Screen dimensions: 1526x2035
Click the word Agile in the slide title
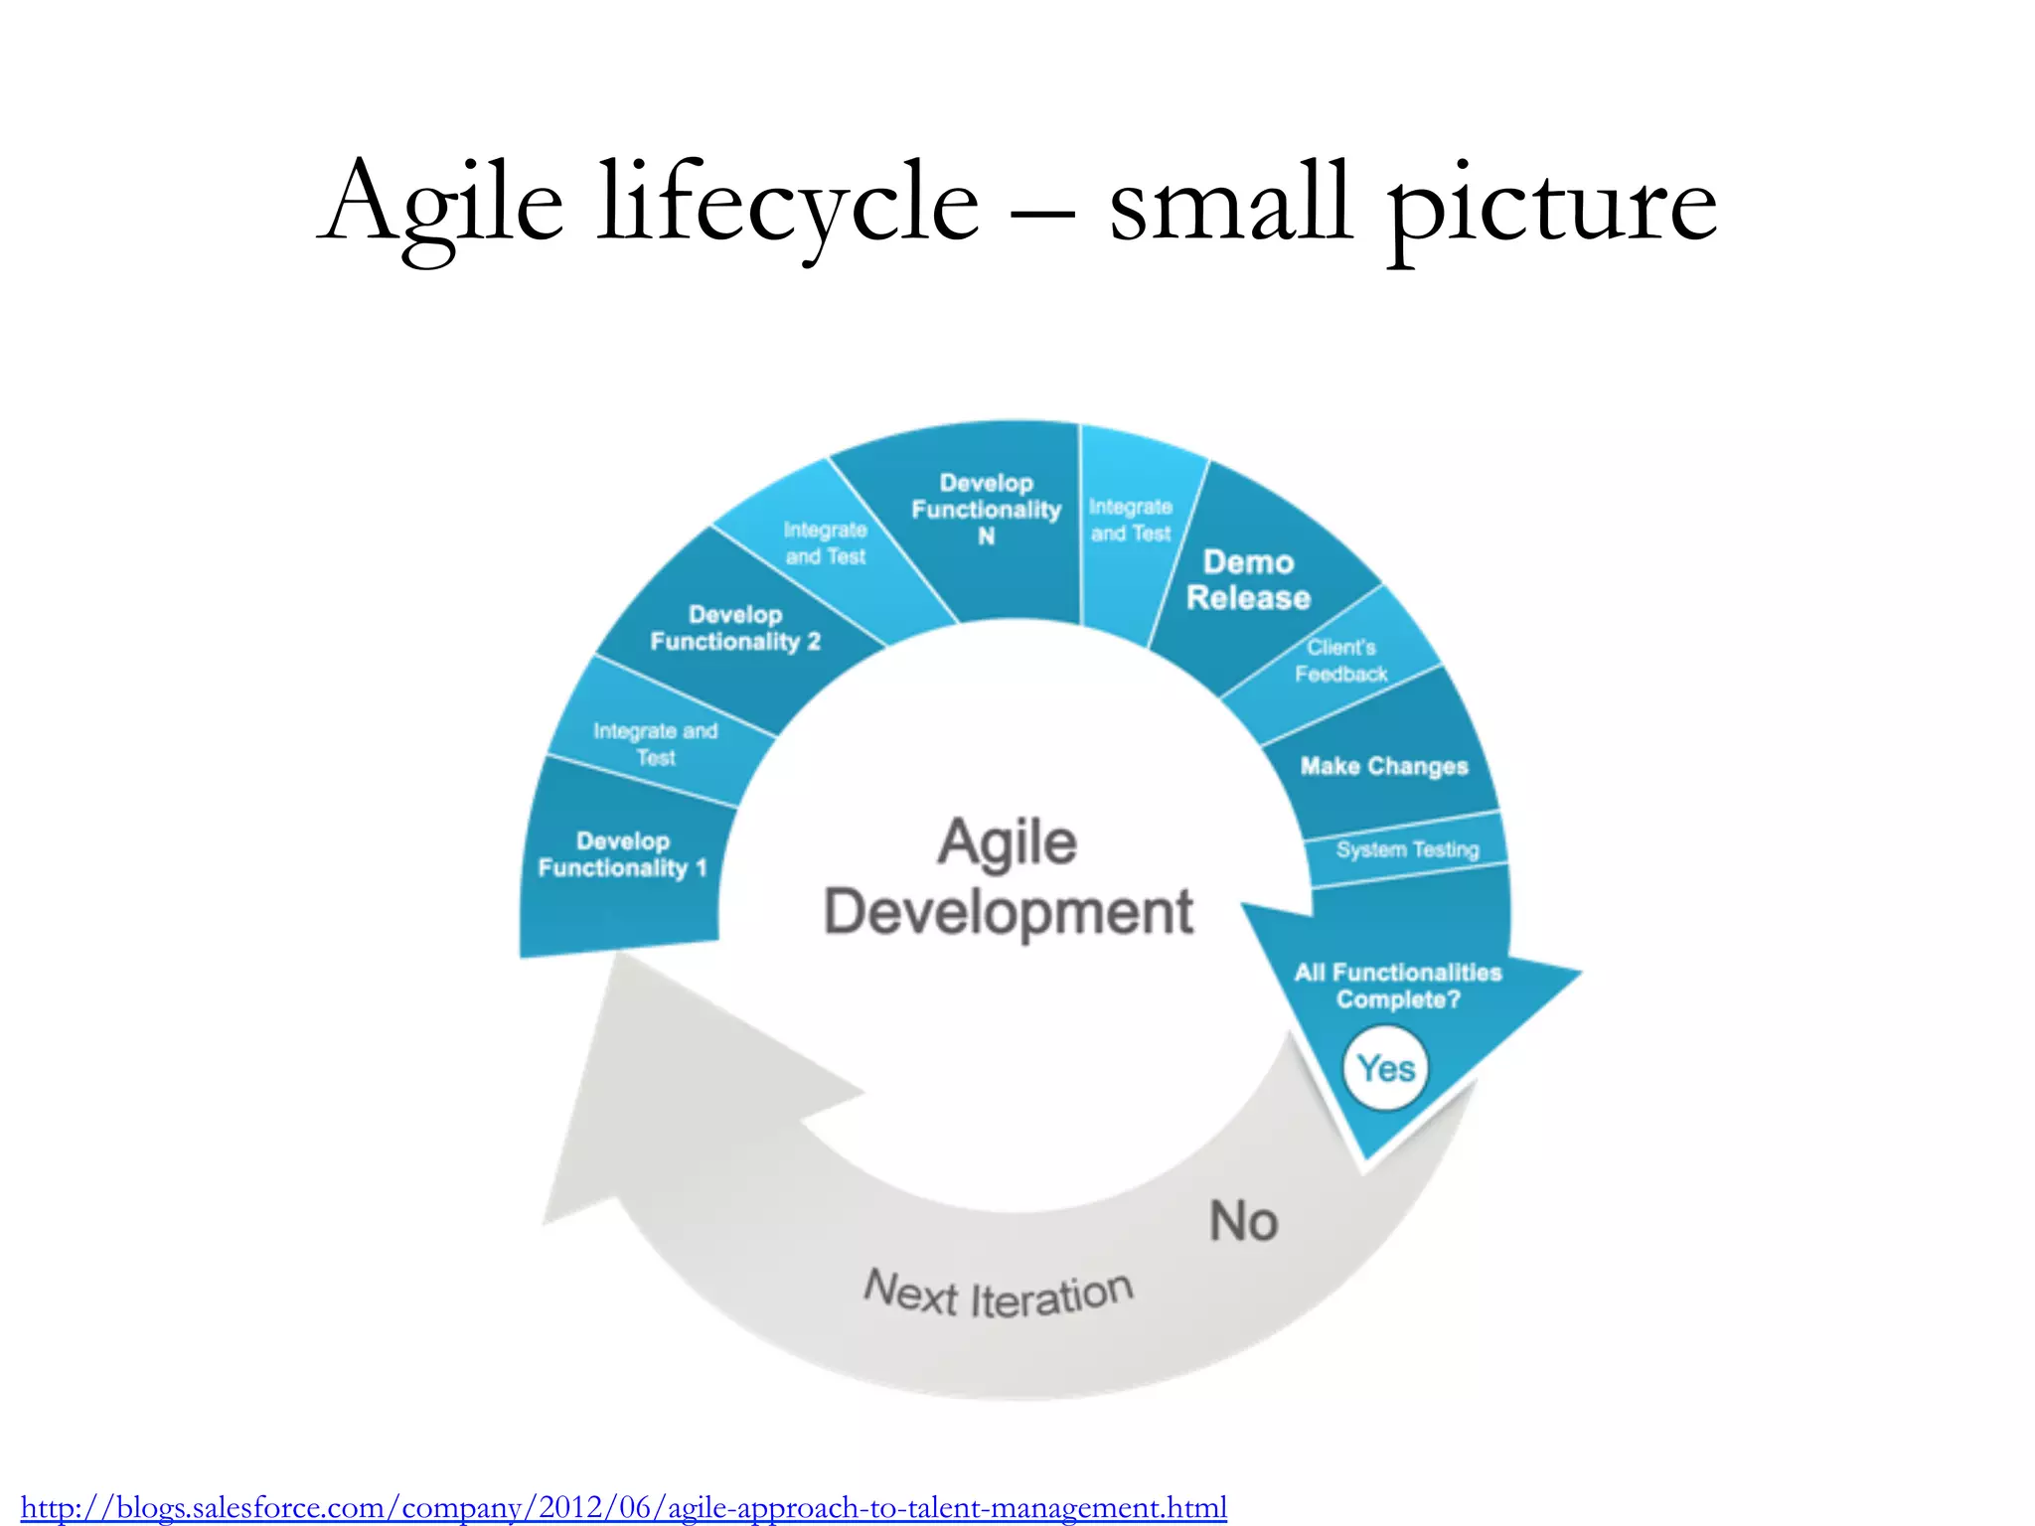(444, 205)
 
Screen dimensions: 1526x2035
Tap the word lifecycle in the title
(788, 205)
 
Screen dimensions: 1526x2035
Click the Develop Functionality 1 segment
(623, 855)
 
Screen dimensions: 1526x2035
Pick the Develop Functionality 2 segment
(735, 628)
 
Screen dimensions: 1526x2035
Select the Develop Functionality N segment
(987, 510)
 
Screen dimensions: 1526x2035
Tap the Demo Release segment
(1248, 580)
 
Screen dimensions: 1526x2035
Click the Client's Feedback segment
(1341, 661)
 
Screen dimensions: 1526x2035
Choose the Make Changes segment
(1383, 766)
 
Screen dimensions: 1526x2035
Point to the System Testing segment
(1407, 849)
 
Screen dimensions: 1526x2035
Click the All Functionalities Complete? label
(1398, 986)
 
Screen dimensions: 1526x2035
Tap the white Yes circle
(1385, 1069)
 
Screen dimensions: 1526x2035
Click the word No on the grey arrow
(1243, 1221)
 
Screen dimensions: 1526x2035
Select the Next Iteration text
(998, 1296)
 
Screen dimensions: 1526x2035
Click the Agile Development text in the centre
(1009, 877)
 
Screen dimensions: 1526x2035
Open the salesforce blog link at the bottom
(624, 1507)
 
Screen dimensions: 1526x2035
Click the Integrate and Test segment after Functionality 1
(656, 744)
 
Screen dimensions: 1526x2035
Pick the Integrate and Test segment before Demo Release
(1131, 521)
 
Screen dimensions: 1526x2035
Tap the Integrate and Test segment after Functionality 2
(825, 543)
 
